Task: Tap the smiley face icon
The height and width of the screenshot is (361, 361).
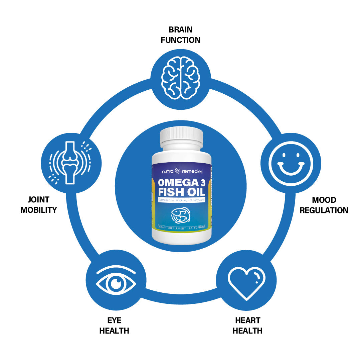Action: pyautogui.click(x=291, y=163)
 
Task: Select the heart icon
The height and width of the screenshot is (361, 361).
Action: pyautogui.click(x=246, y=282)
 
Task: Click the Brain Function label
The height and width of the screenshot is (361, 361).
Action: pyautogui.click(x=181, y=35)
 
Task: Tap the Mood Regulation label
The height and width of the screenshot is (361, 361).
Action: pyautogui.click(x=324, y=205)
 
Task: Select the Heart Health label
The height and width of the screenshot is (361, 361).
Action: pyautogui.click(x=247, y=326)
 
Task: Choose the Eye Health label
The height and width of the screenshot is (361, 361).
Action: pyautogui.click(x=114, y=326)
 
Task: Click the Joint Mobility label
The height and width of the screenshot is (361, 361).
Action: pyautogui.click(x=39, y=205)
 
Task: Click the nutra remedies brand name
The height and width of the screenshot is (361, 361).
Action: pyautogui.click(x=182, y=171)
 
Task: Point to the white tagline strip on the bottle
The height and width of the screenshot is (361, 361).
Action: pyautogui.click(x=181, y=200)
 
